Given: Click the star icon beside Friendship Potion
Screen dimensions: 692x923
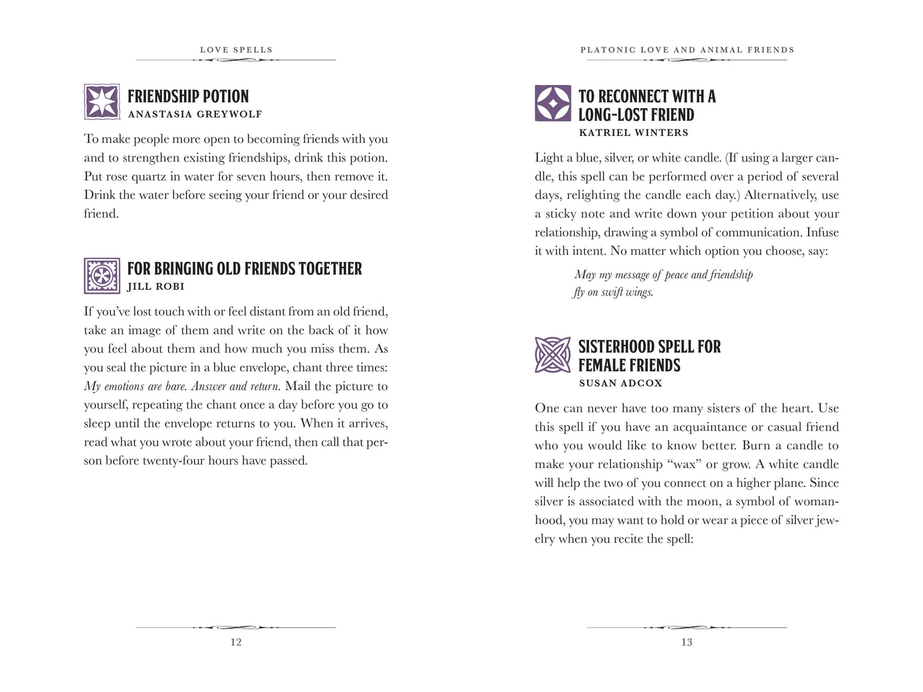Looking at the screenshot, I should click(102, 102).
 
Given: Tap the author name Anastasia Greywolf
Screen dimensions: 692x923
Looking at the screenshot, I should click(195, 114).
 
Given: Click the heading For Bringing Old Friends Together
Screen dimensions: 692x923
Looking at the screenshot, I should click(245, 269).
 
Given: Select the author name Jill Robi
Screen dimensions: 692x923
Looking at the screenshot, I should click(156, 287).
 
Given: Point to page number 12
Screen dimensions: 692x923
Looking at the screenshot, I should click(236, 642).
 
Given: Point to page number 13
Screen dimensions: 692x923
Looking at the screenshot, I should click(687, 642).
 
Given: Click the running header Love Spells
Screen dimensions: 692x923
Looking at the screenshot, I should click(236, 50).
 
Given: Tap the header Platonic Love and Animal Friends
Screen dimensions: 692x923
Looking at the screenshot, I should click(687, 50).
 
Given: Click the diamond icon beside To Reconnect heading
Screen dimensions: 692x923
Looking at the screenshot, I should click(553, 103).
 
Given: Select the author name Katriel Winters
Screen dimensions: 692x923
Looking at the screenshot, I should click(633, 133).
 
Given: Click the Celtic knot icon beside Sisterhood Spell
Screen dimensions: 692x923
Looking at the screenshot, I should click(553, 355).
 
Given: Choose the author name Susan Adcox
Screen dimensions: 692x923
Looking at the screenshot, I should click(620, 383).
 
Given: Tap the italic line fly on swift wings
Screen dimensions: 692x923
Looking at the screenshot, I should click(613, 292).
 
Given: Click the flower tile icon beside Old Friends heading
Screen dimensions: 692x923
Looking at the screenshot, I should click(102, 276).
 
